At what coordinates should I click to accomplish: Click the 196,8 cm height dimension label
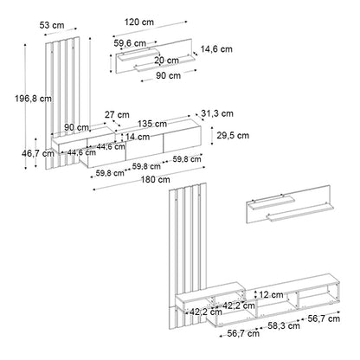click(x=33, y=99)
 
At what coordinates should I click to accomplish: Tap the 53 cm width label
click(x=52, y=25)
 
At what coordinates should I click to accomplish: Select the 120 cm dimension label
click(x=139, y=22)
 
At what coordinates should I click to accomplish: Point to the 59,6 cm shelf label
click(x=130, y=43)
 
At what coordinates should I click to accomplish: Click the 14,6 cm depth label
click(x=216, y=49)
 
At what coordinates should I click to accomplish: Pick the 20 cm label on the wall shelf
click(x=166, y=61)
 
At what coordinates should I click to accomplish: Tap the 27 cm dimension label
click(x=117, y=115)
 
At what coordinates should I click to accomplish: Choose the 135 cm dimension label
click(x=152, y=124)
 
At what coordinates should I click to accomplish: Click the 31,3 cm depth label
click(x=217, y=113)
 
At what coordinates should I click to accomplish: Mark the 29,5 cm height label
click(x=233, y=135)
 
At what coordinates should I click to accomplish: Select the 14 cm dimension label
click(x=138, y=137)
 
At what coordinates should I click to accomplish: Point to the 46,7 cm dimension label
click(x=38, y=153)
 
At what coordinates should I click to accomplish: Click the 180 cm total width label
click(x=155, y=180)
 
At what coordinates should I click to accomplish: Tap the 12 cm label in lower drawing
click(x=271, y=295)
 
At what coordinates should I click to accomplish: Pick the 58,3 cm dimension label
click(x=284, y=326)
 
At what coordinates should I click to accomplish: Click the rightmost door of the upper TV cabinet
click(x=183, y=140)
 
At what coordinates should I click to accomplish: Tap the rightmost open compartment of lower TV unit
click(x=317, y=295)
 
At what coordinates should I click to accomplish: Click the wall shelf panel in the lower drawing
click(x=290, y=204)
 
